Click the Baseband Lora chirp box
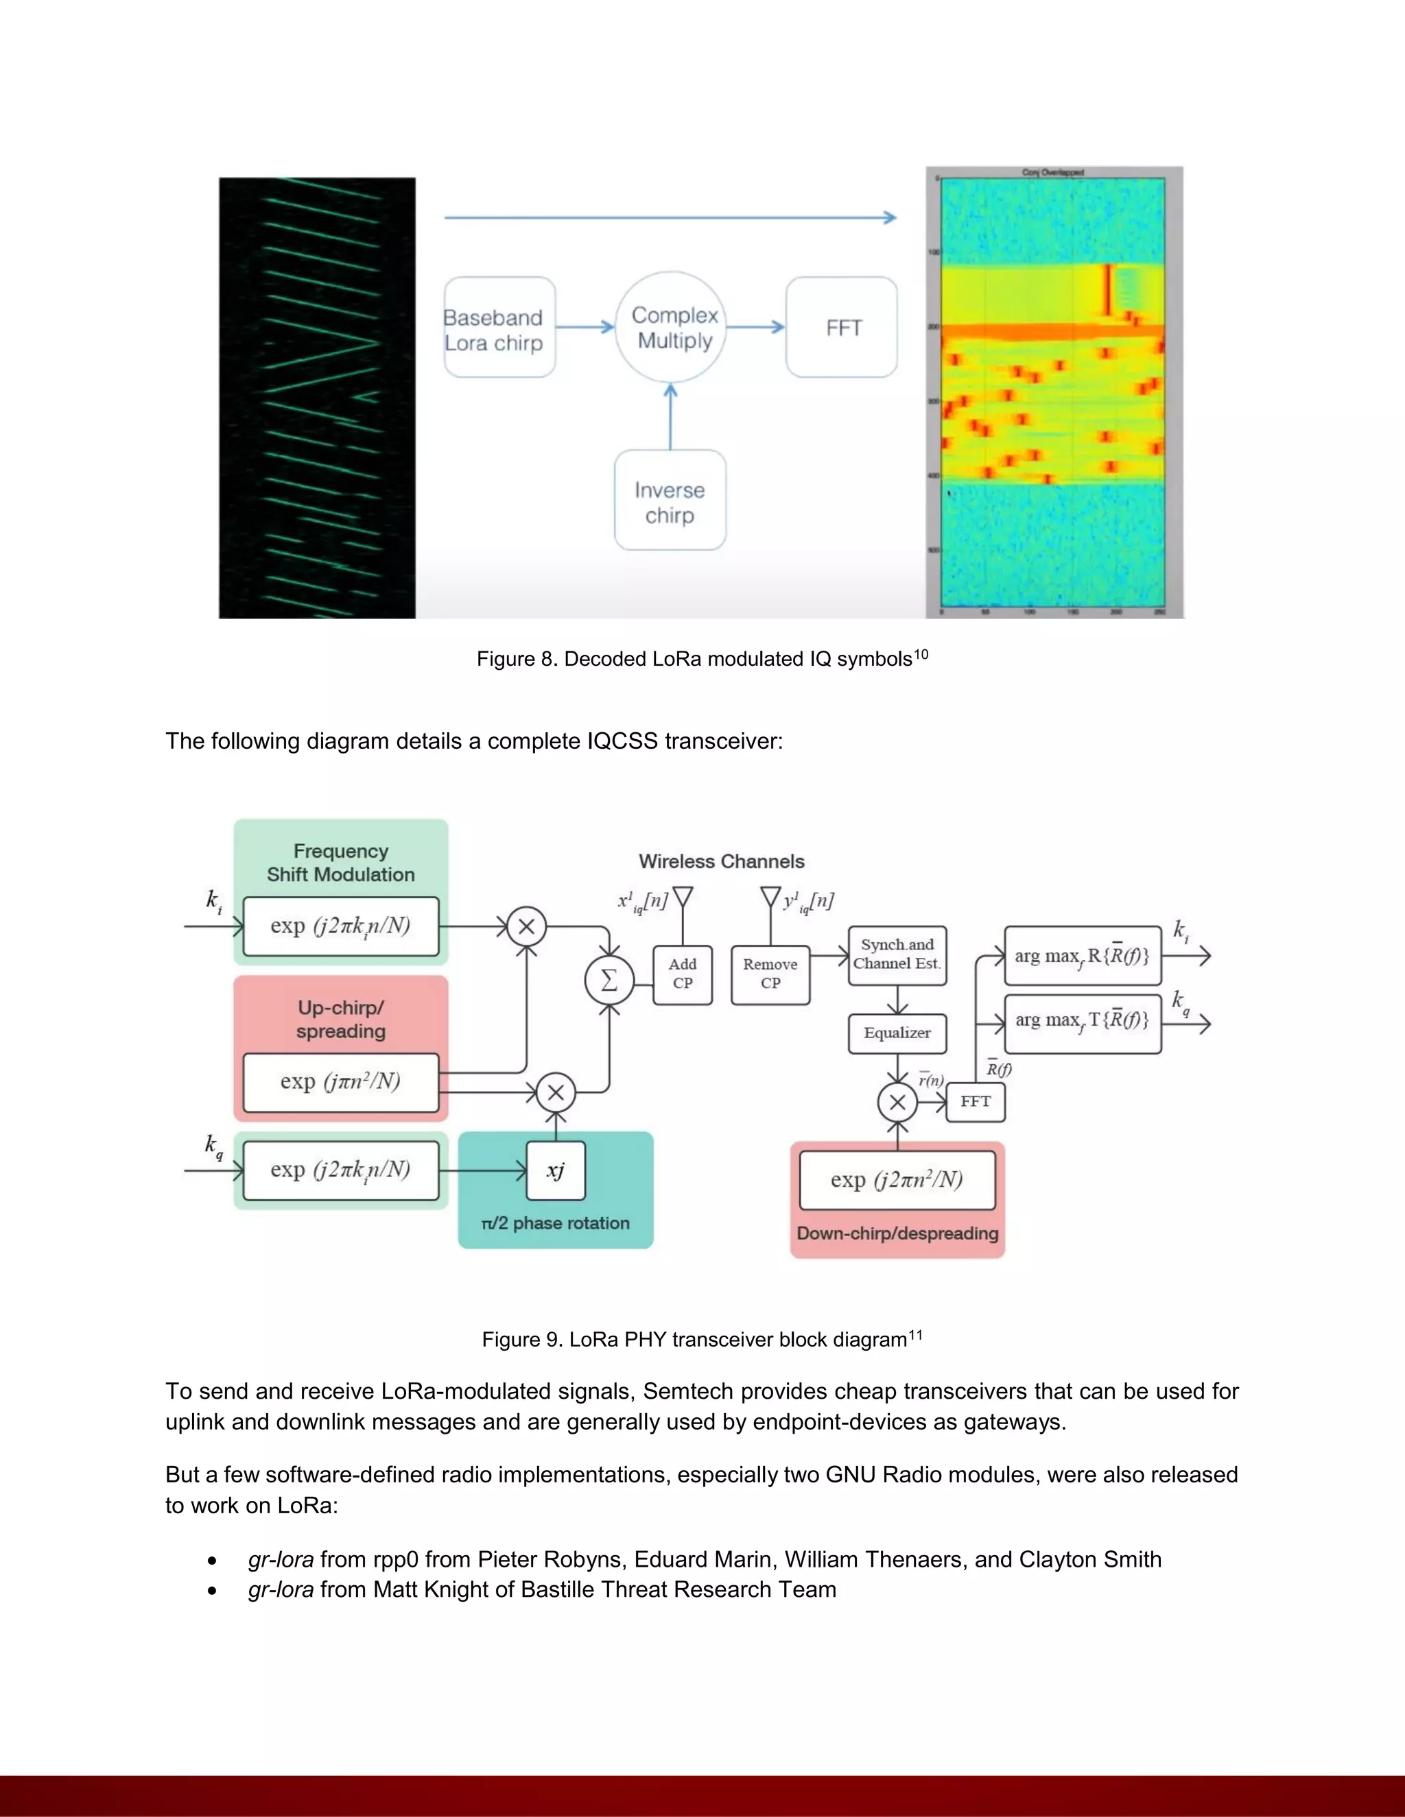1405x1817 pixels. pos(499,328)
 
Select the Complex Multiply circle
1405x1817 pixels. pos(671,328)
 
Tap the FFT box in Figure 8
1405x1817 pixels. pos(842,328)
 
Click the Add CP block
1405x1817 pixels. pos(683,974)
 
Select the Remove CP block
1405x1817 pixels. pos(770,974)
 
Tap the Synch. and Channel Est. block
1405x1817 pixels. pos(897,955)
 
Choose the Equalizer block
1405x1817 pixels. pos(897,1033)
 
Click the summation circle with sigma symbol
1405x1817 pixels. pos(609,981)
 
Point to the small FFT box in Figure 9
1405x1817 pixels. pos(976,1103)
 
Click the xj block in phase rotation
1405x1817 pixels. pos(556,1171)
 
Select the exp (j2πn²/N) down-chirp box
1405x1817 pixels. pos(897,1181)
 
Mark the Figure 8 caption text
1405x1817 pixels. pos(702,659)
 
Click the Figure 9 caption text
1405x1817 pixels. pos(702,1340)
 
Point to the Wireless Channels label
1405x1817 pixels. pos(722,862)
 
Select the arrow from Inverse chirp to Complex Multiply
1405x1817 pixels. pos(671,416)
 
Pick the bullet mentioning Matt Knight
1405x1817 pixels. pos(542,1590)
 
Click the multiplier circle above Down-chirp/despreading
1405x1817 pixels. pos(897,1103)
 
